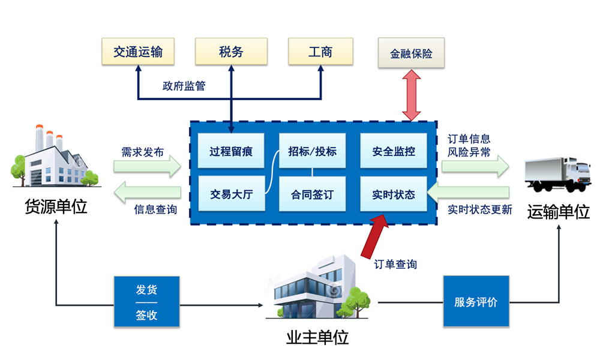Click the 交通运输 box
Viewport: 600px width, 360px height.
click(x=138, y=52)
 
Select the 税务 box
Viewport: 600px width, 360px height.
click(x=231, y=52)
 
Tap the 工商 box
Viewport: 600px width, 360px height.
click(x=320, y=52)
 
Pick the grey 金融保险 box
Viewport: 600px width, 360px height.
click(x=411, y=53)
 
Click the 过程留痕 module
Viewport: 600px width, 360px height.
click(x=231, y=151)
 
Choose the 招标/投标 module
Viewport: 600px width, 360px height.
click(x=312, y=151)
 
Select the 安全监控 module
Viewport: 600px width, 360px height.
click(x=393, y=151)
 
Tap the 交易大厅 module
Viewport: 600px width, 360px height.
click(x=231, y=194)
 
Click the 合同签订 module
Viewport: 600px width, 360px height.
click(x=312, y=194)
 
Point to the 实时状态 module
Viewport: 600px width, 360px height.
click(x=393, y=194)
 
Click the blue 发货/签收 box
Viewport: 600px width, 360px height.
click(x=146, y=301)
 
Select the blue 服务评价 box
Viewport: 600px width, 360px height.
click(x=476, y=301)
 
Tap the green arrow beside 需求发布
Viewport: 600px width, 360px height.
click(x=148, y=166)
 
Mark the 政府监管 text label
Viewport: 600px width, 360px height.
click(x=184, y=86)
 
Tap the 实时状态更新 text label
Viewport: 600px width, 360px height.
click(x=480, y=210)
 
